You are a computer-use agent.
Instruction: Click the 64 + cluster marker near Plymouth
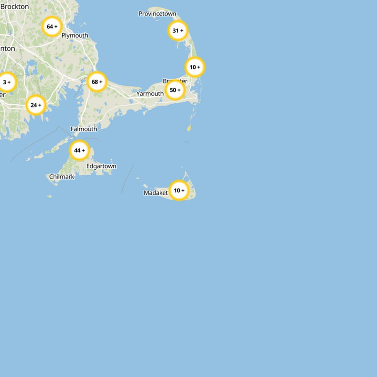click(52, 27)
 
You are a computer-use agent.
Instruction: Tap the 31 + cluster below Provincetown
click(178, 31)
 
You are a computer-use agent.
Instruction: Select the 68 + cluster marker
click(97, 82)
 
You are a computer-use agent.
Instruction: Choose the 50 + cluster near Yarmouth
click(175, 90)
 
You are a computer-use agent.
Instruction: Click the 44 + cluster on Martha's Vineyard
click(79, 151)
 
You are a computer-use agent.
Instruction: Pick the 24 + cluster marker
click(35, 105)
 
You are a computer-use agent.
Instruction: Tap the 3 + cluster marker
click(7, 82)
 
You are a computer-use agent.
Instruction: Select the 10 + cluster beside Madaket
click(179, 191)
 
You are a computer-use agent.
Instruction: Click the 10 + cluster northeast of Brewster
click(195, 67)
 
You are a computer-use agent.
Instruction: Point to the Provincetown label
click(157, 14)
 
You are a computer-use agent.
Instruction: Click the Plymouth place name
click(74, 35)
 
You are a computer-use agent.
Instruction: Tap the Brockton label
click(15, 7)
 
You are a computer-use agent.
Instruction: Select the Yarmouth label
click(150, 94)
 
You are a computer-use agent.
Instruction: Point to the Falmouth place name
click(83, 129)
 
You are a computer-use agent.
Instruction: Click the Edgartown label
click(101, 166)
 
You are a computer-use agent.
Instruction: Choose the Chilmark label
click(61, 177)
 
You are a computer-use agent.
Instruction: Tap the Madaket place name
click(156, 193)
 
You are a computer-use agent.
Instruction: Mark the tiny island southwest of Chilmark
click(49, 196)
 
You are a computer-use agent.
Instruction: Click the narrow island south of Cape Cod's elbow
click(189, 128)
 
